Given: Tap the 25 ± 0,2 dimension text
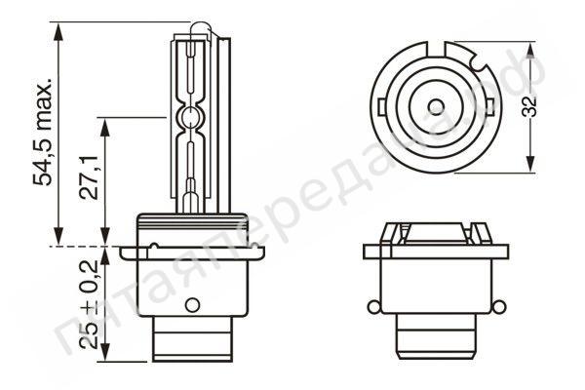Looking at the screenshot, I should point(89,304).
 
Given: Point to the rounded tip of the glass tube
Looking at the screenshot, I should point(193,32).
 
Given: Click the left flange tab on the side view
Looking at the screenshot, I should point(129,252).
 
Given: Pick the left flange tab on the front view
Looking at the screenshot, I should point(372,251).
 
